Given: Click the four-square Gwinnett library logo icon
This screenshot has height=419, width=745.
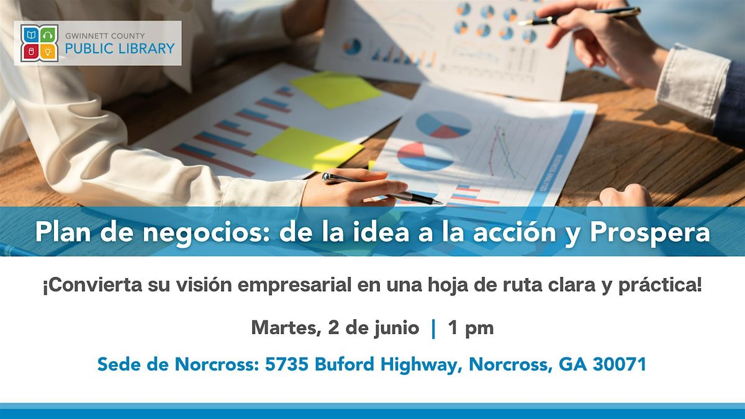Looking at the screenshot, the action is (x=39, y=43).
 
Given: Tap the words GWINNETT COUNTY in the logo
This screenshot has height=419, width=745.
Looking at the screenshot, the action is (x=105, y=35).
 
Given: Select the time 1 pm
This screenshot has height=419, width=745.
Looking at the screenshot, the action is (x=471, y=328).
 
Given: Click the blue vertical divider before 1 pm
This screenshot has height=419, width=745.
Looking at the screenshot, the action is (x=433, y=328).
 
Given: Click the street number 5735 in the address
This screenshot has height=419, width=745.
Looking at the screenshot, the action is (x=287, y=364).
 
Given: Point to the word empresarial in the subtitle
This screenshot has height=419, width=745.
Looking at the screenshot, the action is (x=295, y=286).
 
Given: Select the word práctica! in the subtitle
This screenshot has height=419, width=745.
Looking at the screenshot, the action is (x=660, y=286).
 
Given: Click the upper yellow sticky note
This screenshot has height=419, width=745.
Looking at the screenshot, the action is (x=336, y=90).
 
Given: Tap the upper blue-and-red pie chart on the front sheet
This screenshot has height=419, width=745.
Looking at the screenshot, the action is (x=444, y=124).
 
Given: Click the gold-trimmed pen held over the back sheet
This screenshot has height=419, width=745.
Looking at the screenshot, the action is (x=579, y=16).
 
